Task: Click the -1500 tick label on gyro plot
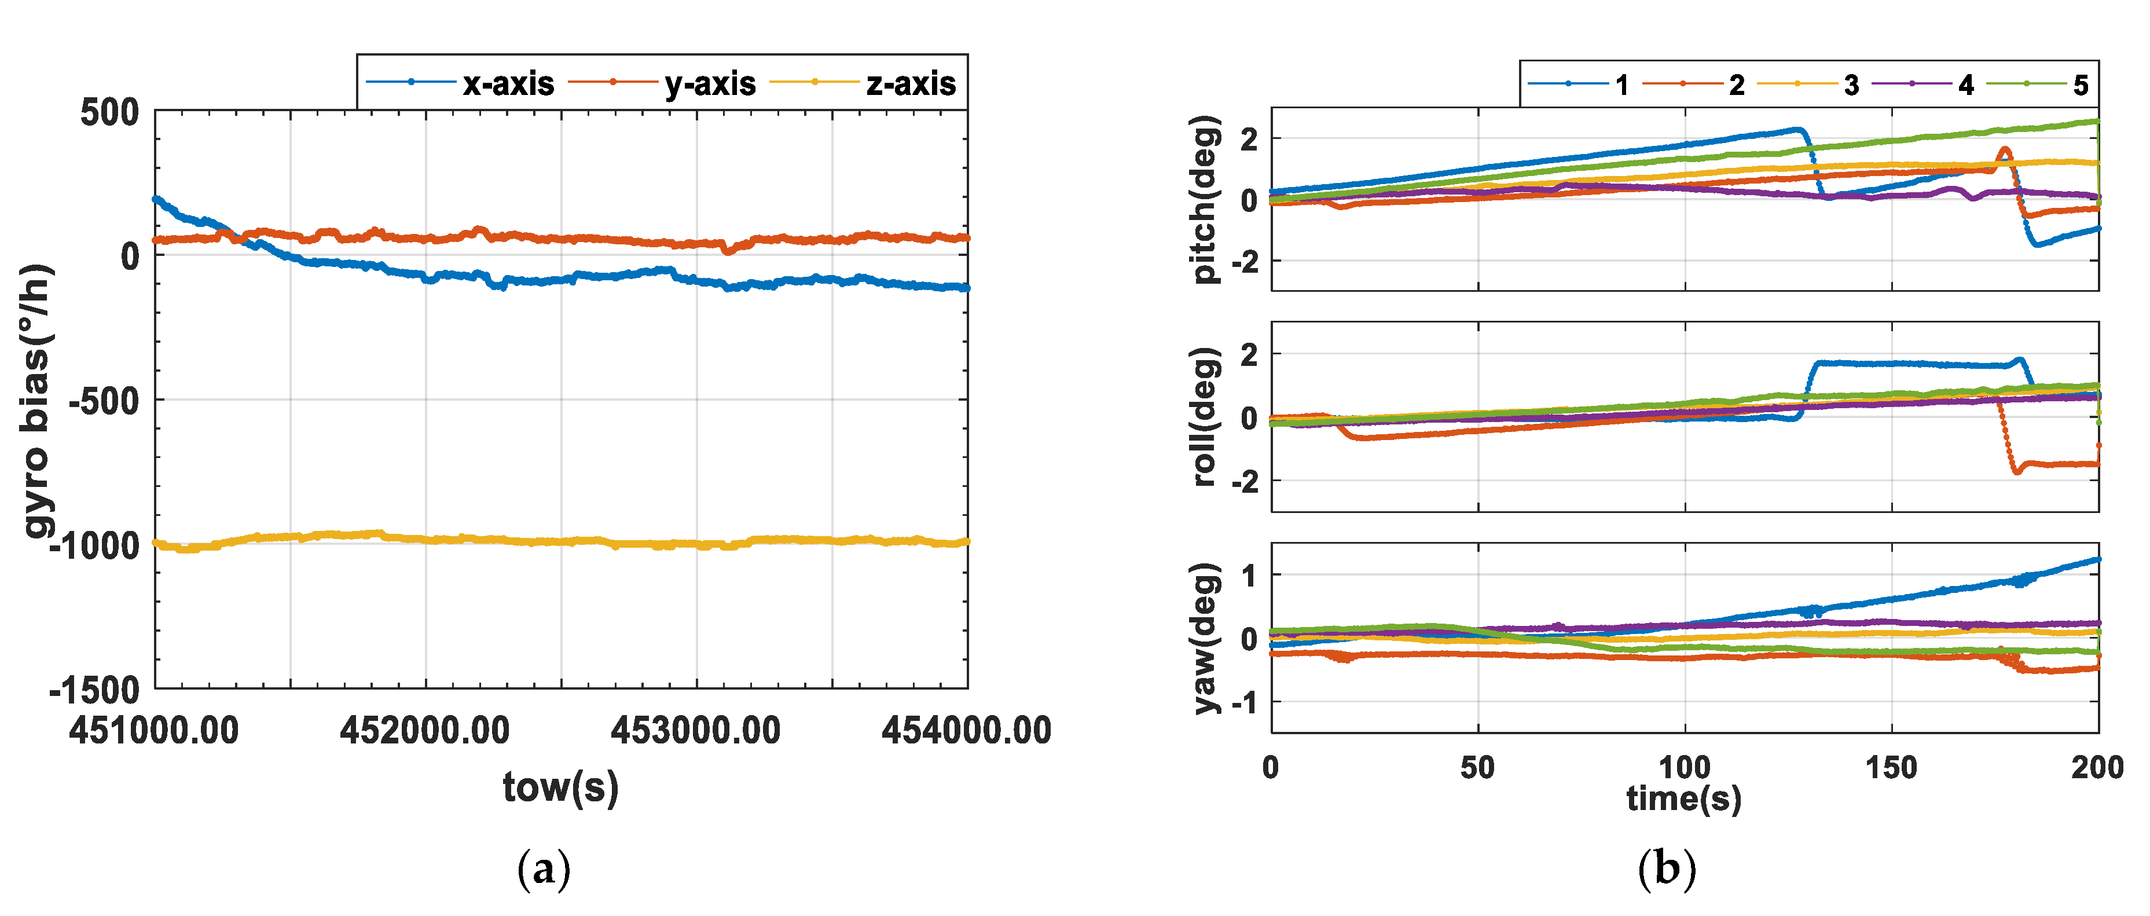(94, 690)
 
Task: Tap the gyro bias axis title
(38, 401)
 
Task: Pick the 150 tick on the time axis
(1891, 767)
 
